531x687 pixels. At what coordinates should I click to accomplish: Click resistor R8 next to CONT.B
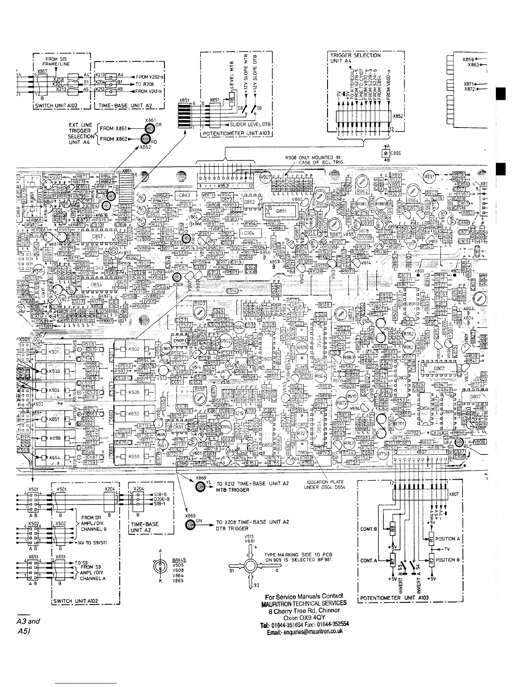pos(392,529)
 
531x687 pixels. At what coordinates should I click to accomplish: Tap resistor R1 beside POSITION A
pos(431,540)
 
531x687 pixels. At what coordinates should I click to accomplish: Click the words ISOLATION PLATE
pos(325,482)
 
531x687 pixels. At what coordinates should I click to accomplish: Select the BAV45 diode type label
pos(179,560)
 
